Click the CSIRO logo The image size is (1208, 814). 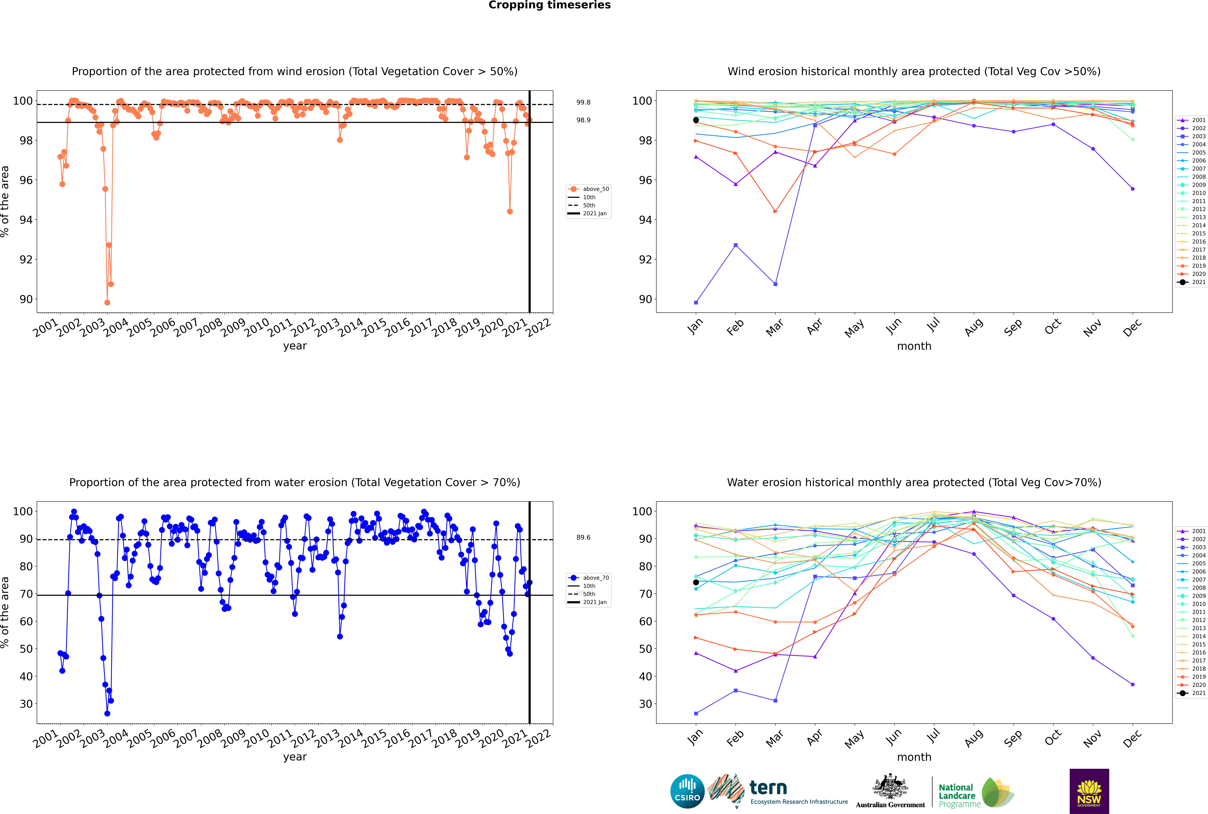point(687,791)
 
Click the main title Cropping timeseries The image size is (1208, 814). point(549,5)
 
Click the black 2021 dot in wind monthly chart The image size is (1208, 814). point(696,120)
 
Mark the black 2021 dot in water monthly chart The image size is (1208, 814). point(696,582)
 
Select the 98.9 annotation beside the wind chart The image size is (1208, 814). point(583,120)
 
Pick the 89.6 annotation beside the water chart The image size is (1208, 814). point(583,537)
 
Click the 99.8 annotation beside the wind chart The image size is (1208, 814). point(583,102)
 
